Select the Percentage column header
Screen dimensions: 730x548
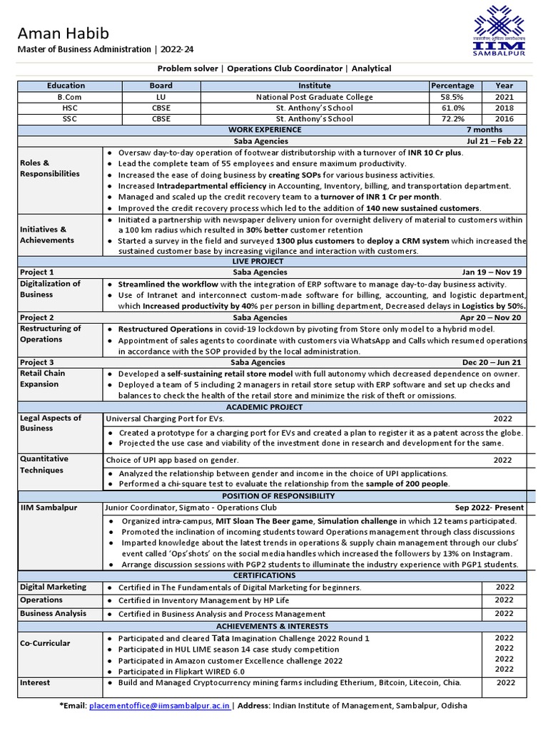coord(452,86)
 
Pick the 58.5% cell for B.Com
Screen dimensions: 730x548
coord(452,97)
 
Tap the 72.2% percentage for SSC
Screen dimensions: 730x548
coord(452,119)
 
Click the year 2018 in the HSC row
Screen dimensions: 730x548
coord(504,108)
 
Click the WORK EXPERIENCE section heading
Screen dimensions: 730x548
coord(265,130)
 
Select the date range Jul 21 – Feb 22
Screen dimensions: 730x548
coord(494,141)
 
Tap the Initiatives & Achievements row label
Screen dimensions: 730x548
coord(47,235)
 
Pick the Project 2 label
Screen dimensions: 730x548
coord(37,317)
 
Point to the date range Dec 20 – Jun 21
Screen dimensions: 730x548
coord(492,362)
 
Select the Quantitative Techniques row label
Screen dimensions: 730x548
coord(44,464)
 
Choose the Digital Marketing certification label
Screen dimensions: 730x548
coord(53,587)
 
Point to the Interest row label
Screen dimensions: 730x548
coord(35,682)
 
